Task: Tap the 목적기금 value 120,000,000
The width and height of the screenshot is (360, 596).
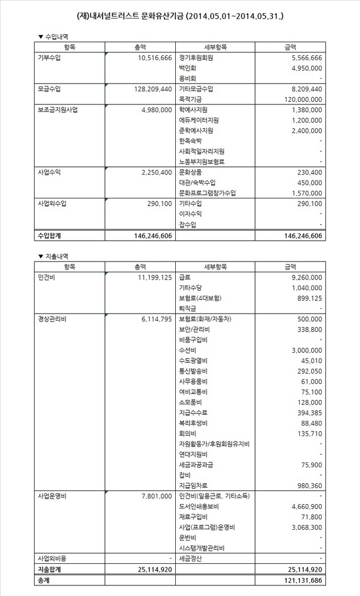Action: pos(302,99)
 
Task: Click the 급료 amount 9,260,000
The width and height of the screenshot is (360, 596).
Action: pos(305,277)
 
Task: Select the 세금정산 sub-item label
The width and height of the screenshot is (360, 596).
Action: pos(191,558)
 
